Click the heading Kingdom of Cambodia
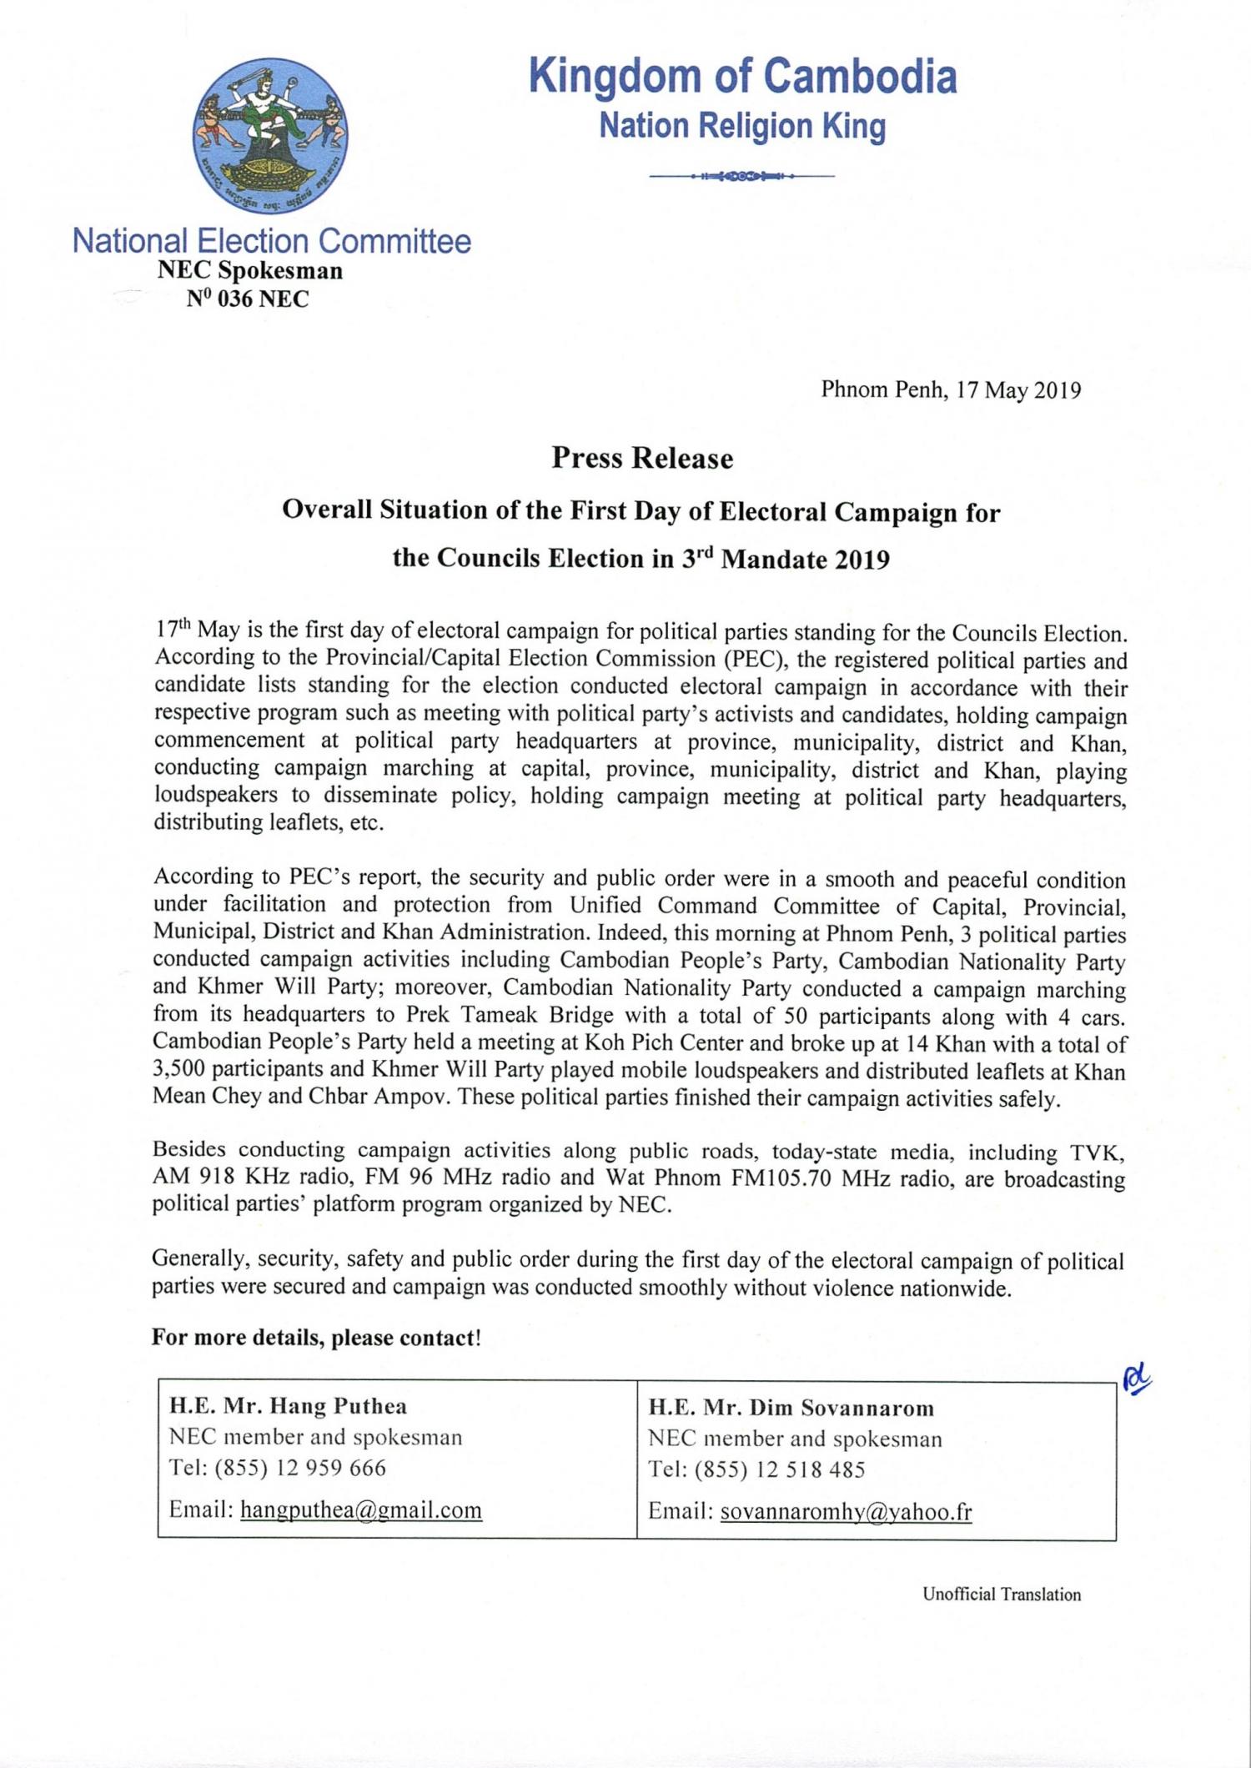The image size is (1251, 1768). tap(743, 77)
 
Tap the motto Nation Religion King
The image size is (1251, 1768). tap(742, 127)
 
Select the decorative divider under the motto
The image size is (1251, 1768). tap(741, 177)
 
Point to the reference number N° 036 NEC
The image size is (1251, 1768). tap(248, 299)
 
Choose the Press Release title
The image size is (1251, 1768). tap(642, 458)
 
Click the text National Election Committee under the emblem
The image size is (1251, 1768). tap(272, 241)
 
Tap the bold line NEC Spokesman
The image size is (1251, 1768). tap(250, 271)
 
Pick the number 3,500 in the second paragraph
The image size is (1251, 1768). tap(180, 1070)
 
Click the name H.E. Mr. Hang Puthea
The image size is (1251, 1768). tap(289, 1407)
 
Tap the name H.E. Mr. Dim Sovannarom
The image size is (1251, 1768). tap(791, 1409)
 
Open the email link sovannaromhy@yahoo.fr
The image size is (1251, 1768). tap(846, 1512)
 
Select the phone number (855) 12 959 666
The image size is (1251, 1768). tap(300, 1468)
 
